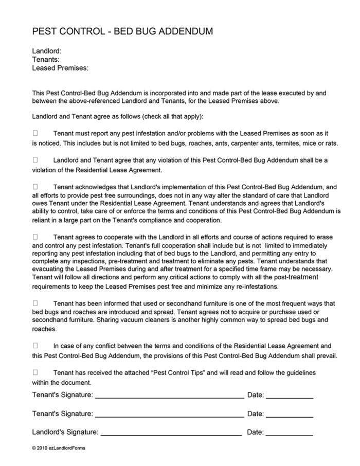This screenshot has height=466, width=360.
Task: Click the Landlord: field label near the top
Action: (x=47, y=51)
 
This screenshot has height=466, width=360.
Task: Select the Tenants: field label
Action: (x=46, y=60)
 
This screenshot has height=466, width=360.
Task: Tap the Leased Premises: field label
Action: (x=60, y=68)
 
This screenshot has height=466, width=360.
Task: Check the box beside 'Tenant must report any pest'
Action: (x=35, y=133)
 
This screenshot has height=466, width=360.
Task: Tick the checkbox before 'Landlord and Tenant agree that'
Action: (x=35, y=160)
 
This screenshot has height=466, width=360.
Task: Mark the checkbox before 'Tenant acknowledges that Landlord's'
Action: (x=35, y=187)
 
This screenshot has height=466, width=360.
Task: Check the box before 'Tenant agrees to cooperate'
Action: (x=35, y=237)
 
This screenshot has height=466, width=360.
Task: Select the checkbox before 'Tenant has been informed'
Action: (x=35, y=303)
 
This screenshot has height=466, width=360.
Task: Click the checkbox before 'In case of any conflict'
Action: (x=35, y=346)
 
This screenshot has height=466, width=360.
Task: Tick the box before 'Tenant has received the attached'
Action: (x=35, y=372)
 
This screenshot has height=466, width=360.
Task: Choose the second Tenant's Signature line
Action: (x=169, y=415)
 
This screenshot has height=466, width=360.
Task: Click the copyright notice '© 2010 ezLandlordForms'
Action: (x=59, y=448)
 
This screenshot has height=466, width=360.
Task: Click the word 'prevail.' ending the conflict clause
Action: (x=325, y=355)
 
